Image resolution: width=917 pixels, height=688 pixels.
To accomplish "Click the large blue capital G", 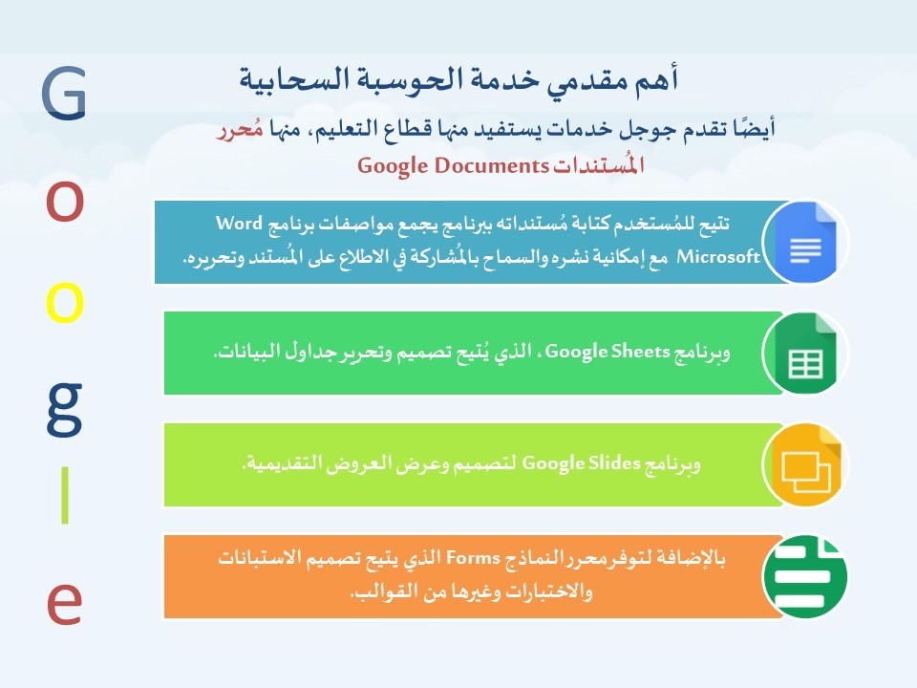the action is pos(64,94).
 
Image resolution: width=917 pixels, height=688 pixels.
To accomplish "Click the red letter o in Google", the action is pos(64,202).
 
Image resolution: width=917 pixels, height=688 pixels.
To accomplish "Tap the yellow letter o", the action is pos(64,303).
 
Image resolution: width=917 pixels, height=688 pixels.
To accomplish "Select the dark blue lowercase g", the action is pos(64,410).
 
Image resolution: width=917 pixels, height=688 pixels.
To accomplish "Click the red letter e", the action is pos(64,604).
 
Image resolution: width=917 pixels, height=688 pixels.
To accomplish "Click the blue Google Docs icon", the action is pos(806,242).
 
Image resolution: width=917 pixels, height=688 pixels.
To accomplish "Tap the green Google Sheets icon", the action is pos(806,354).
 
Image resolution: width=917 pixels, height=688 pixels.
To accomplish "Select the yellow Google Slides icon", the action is pos(806,464).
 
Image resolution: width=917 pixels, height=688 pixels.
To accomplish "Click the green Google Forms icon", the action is pos(806,576).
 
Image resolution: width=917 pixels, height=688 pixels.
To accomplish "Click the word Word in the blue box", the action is pos(239,223).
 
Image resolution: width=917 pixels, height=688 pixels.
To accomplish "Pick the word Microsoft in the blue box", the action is pos(718,256).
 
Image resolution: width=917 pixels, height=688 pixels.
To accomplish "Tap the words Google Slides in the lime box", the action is pos(582,463).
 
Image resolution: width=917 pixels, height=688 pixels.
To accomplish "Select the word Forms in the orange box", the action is pos(473,557).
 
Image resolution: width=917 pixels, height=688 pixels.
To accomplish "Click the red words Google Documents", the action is pos(453,165).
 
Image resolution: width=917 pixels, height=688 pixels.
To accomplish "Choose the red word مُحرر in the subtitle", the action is pos(240,129).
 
